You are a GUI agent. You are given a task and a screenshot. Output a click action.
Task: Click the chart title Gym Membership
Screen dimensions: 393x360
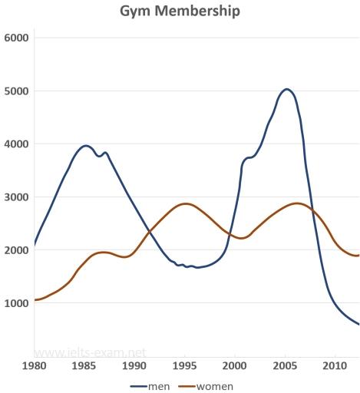[x=180, y=12]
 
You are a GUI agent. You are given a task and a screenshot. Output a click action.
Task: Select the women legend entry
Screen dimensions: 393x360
[x=207, y=386]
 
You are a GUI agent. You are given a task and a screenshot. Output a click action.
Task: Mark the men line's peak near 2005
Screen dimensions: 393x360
[x=286, y=89]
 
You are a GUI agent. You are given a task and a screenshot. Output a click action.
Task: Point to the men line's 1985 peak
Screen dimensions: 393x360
[x=85, y=145]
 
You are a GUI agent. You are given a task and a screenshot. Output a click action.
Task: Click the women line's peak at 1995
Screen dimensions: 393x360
[x=185, y=203]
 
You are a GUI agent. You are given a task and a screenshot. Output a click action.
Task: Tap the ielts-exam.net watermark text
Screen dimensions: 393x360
[x=91, y=354]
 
